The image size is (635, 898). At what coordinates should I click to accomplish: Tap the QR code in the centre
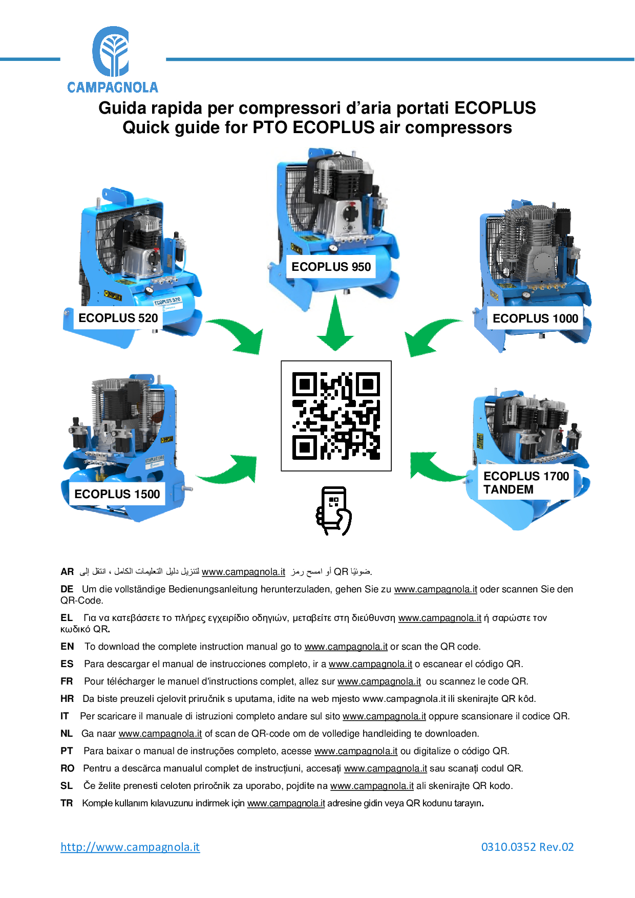pyautogui.click(x=336, y=415)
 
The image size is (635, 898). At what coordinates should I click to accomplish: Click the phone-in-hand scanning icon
pyautogui.click(x=334, y=511)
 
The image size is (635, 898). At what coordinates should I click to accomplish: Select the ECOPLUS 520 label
pyautogui.click(x=118, y=318)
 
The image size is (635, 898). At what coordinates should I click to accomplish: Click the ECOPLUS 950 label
pyautogui.click(x=331, y=267)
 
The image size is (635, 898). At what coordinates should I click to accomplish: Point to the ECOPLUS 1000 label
pyautogui.click(x=535, y=318)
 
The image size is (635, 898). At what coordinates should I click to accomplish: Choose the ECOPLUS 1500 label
pyautogui.click(x=117, y=494)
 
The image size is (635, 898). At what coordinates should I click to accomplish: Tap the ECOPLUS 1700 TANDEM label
pyautogui.click(x=526, y=483)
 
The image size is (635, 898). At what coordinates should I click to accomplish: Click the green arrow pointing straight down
pyautogui.click(x=335, y=325)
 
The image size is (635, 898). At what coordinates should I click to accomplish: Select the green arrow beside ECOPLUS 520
pyautogui.click(x=239, y=335)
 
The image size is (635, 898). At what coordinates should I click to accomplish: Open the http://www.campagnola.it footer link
pyautogui.click(x=130, y=847)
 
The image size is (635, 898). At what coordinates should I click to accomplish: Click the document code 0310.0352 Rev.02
pyautogui.click(x=527, y=847)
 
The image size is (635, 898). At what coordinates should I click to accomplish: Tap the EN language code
pyautogui.click(x=67, y=647)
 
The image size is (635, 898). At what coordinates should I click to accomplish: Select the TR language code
pyautogui.click(x=67, y=803)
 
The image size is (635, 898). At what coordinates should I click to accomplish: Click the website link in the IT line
pyautogui.click(x=384, y=716)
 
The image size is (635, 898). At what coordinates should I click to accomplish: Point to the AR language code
pyautogui.click(x=67, y=572)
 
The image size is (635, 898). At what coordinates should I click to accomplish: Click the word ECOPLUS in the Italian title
pyautogui.click(x=495, y=108)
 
